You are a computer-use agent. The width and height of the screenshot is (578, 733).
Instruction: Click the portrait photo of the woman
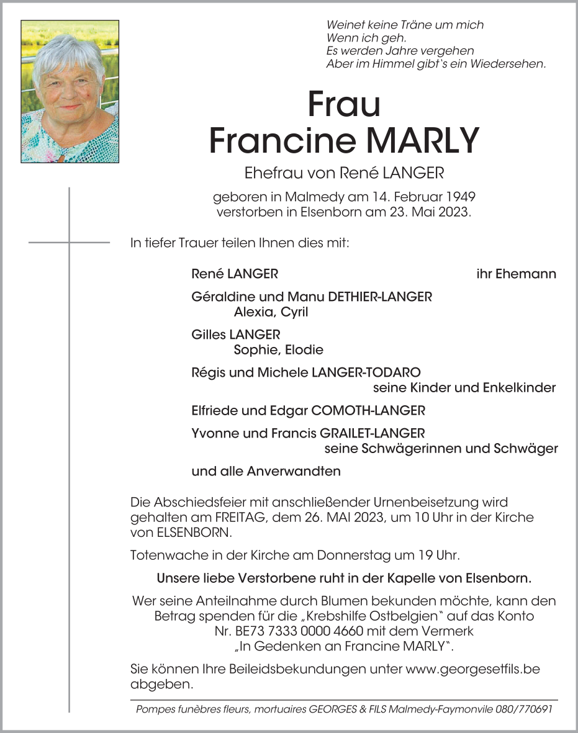[x=70, y=91]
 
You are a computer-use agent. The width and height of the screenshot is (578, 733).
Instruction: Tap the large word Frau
[x=343, y=105]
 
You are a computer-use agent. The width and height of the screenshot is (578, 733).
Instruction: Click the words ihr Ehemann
[x=516, y=274]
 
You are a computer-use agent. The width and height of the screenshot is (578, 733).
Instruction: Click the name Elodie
[x=304, y=349]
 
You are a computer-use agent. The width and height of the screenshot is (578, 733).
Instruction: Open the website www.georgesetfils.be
[x=472, y=670]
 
